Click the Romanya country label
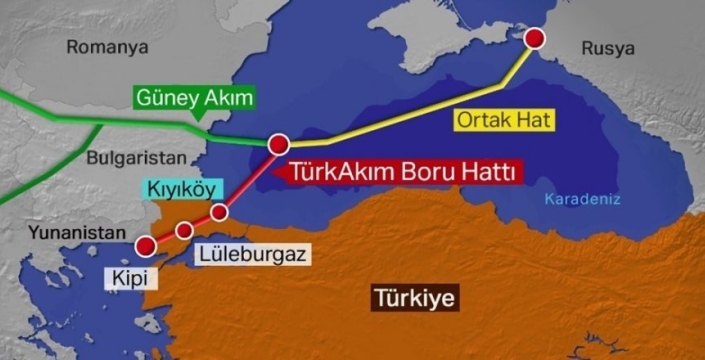tap(106, 46)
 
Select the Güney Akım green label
tap(194, 98)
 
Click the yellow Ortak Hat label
tap(504, 120)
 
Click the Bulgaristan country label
tap(137, 157)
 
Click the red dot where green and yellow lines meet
tap(279, 145)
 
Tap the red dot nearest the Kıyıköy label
tap(219, 212)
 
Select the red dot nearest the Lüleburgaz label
tap(184, 231)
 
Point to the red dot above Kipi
tap(147, 246)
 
